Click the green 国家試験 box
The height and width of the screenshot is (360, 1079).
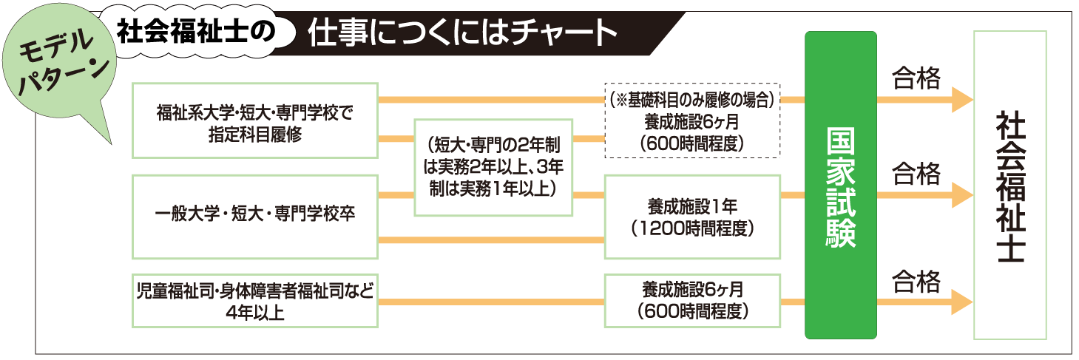pos(840,184)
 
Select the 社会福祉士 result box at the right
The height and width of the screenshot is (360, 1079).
pos(1009,184)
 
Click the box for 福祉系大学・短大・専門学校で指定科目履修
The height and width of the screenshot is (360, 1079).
pos(255,120)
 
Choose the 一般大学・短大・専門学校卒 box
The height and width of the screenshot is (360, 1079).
pos(255,216)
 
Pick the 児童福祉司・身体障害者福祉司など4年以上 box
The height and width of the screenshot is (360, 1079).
pos(255,300)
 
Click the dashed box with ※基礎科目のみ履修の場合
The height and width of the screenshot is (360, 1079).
pos(692,120)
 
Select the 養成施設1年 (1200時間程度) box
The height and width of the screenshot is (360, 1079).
pos(692,217)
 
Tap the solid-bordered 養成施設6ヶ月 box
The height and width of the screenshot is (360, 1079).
pos(692,300)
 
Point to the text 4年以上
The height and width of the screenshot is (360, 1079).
pos(255,312)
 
